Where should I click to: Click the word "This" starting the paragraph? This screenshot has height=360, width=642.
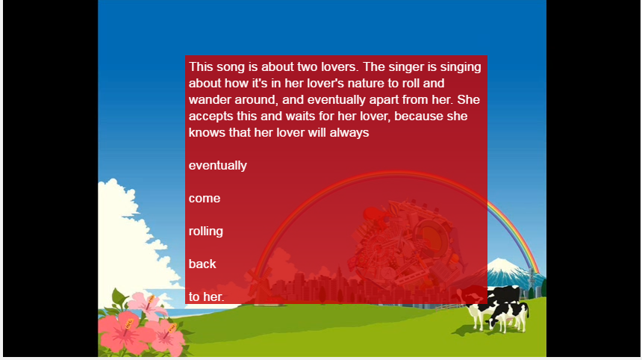[201, 66]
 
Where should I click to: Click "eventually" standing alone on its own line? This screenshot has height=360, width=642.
[218, 166]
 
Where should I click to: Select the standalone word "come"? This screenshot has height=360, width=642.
[205, 199]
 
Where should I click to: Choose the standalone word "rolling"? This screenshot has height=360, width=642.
[206, 232]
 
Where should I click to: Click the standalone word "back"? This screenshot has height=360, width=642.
[202, 264]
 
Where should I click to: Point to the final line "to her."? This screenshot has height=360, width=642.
[206, 297]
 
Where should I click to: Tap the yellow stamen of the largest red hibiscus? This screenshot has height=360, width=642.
[128, 324]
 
